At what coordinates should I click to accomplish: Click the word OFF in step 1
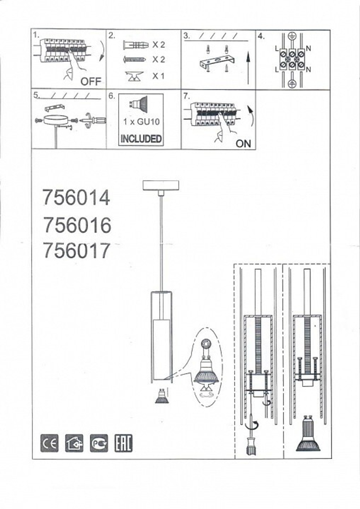(x=91, y=81)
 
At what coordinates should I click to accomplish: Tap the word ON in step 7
(x=243, y=144)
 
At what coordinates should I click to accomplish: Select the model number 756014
(x=77, y=198)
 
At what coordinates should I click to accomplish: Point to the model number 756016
(x=77, y=225)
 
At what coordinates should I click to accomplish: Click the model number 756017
(x=77, y=250)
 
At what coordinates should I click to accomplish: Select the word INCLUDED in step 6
(x=141, y=138)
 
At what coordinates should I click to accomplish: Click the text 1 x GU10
(x=141, y=122)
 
